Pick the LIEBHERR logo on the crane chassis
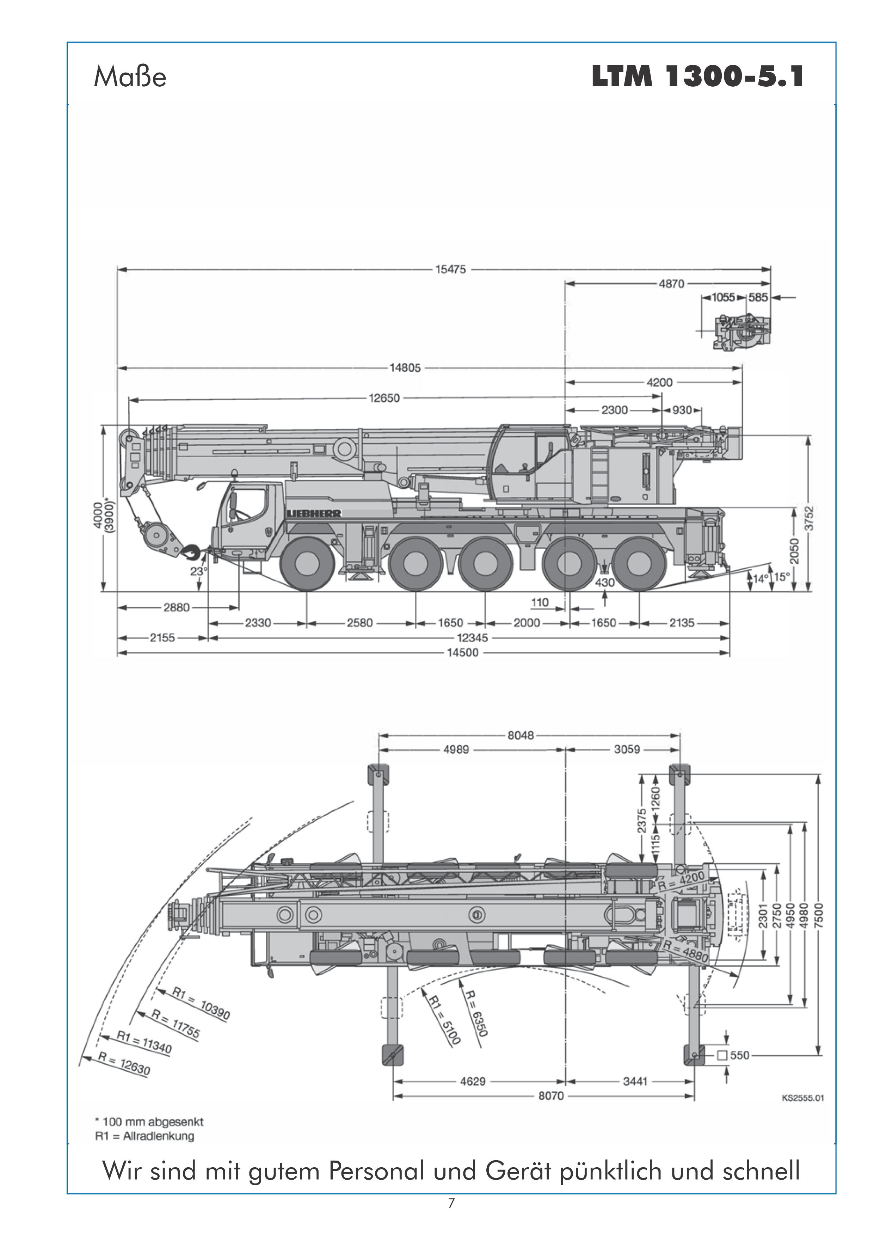tap(314, 514)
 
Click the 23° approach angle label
tap(198, 571)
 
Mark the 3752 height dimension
tap(808, 518)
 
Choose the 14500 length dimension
tap(463, 653)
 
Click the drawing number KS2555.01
tap(802, 1098)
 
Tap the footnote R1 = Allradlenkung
tap(144, 1136)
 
